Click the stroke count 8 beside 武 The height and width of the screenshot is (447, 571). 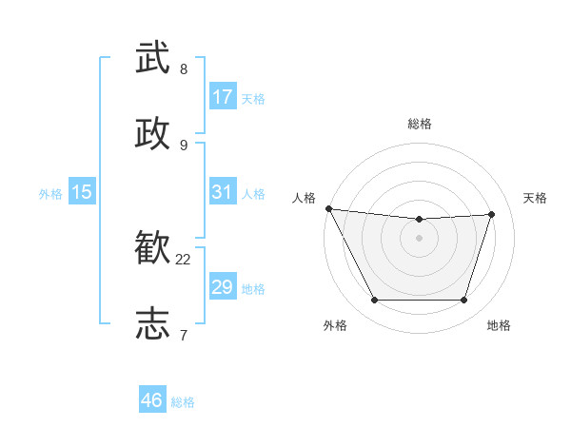point(184,69)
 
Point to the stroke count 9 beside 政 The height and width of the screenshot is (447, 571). point(184,145)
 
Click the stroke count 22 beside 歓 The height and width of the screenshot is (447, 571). point(184,260)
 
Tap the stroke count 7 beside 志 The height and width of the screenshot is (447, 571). point(184,335)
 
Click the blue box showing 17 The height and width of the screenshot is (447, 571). point(223,97)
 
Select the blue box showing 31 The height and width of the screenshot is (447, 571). point(223,192)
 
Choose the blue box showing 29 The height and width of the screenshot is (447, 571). point(223,287)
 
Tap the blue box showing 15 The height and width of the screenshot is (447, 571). point(82,192)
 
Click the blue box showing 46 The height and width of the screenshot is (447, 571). point(152,400)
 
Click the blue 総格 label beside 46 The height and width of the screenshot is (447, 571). point(183,402)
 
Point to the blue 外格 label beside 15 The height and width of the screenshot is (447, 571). point(50,194)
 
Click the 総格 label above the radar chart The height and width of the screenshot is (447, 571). point(420,124)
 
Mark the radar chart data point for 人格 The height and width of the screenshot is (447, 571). point(329,208)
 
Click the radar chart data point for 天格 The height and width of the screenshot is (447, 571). point(492,214)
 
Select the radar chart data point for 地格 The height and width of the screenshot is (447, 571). point(464,301)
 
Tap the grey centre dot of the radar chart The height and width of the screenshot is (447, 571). point(420,238)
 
